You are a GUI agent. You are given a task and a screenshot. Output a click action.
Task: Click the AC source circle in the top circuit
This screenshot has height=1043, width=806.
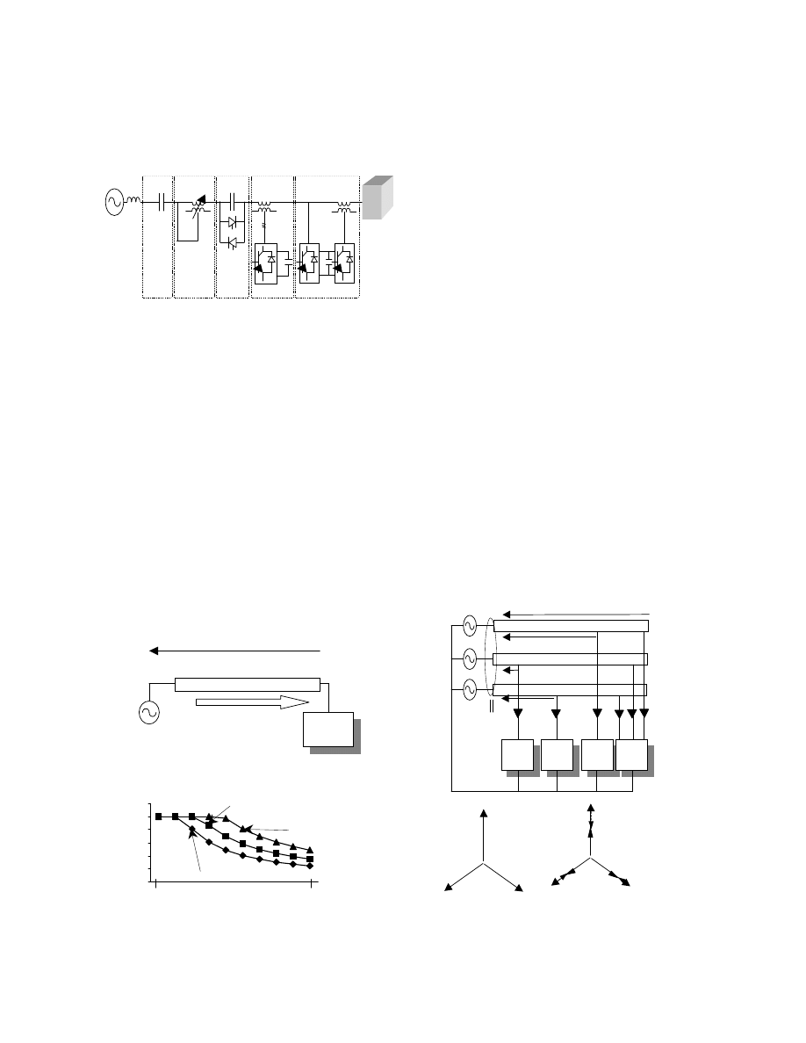(114, 203)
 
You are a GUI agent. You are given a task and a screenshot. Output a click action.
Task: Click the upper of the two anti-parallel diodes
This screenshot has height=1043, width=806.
(233, 224)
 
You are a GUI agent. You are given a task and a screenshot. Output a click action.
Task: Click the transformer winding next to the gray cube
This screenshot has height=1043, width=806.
(343, 208)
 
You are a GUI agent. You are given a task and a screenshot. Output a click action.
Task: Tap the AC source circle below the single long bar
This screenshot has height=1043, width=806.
(149, 712)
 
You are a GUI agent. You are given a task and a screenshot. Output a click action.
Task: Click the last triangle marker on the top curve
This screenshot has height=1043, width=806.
(311, 849)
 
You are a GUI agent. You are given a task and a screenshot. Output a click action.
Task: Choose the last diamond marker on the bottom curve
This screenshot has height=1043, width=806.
(311, 866)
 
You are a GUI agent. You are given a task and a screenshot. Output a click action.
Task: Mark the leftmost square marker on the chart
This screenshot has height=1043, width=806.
(159, 816)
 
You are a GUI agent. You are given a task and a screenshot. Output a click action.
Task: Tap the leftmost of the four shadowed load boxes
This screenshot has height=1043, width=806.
(517, 757)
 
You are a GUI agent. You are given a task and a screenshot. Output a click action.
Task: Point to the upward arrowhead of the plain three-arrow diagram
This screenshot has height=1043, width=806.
(483, 815)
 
